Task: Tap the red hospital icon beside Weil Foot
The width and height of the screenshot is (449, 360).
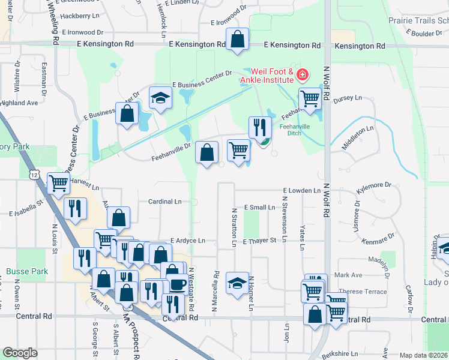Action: pyautogui.click(x=303, y=75)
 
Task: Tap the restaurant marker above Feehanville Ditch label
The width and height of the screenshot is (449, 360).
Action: pyautogui.click(x=260, y=127)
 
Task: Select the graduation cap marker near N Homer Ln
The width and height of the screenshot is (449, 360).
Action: pyautogui.click(x=237, y=281)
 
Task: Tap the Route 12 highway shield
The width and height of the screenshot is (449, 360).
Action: pyautogui.click(x=34, y=173)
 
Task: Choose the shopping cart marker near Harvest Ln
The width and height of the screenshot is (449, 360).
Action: pyautogui.click(x=58, y=183)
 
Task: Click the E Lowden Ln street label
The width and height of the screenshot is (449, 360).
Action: pyautogui.click(x=302, y=190)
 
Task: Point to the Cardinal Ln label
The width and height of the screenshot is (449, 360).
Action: pyautogui.click(x=164, y=202)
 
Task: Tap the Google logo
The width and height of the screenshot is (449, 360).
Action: pyautogui.click(x=20, y=352)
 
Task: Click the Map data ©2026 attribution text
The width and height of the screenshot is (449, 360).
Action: pyautogui.click(x=424, y=355)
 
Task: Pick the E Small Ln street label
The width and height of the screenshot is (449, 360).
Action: pyautogui.click(x=259, y=207)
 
